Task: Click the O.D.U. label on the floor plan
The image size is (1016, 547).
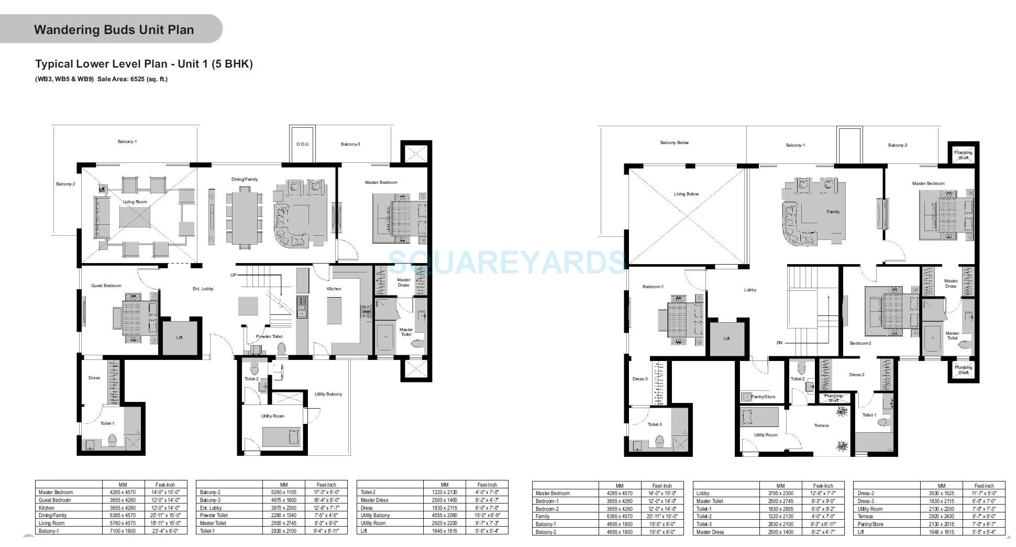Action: click(x=303, y=144)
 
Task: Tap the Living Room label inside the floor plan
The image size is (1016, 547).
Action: click(x=135, y=202)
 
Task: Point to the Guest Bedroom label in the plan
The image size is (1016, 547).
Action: click(x=106, y=286)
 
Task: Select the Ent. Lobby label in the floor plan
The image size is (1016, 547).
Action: click(x=203, y=289)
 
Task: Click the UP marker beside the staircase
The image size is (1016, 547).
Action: click(x=233, y=275)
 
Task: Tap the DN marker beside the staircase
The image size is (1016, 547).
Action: click(x=779, y=343)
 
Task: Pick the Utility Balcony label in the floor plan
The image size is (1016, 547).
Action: click(x=328, y=394)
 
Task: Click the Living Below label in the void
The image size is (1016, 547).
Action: click(x=686, y=194)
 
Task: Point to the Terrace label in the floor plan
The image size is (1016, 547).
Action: click(x=821, y=425)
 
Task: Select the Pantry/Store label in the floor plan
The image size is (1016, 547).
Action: click(x=763, y=397)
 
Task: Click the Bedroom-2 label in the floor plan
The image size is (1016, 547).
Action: click(x=860, y=343)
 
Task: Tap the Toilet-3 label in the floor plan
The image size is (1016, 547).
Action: click(x=655, y=424)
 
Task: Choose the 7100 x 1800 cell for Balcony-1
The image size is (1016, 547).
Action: click(x=123, y=531)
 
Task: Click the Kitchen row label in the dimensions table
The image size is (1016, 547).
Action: click(x=47, y=508)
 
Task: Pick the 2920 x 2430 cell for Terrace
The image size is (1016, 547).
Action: click(x=941, y=517)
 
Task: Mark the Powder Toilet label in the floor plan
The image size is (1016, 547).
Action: click(x=269, y=336)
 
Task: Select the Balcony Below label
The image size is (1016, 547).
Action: click(x=675, y=143)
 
